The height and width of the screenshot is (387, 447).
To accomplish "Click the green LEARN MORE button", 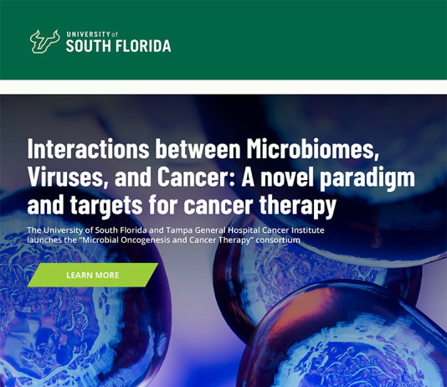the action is coord(93,275).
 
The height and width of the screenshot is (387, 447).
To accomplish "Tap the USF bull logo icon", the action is coord(44,42).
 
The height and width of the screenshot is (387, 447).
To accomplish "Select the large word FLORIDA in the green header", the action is coord(143,46).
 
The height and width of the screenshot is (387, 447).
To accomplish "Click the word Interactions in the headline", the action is coord(88,148).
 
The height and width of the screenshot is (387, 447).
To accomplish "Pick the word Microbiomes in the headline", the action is coord(313,148).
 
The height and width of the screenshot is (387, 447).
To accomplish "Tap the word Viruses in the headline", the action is coord(68,177).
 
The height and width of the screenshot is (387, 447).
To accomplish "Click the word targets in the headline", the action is coord(106,205).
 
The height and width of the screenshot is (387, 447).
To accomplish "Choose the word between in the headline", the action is coord(198,148).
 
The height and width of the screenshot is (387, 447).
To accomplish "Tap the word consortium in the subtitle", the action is coord(278,240).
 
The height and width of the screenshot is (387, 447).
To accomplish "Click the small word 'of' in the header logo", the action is coord(115,35).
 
